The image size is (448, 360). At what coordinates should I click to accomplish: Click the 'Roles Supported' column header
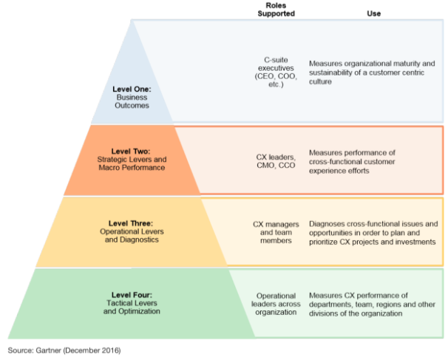274,9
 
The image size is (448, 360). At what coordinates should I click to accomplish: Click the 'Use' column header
374,13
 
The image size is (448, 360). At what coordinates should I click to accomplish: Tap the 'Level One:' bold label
132,89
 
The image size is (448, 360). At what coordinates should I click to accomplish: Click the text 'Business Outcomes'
132,101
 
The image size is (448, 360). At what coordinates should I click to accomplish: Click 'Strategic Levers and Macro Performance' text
131,163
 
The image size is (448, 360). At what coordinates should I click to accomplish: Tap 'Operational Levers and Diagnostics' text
131,234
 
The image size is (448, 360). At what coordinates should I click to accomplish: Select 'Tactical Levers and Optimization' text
131,307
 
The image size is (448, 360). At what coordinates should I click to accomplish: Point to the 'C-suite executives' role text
275,64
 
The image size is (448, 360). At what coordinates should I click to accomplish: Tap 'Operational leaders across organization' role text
275,304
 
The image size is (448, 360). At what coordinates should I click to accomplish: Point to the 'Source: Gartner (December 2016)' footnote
64,349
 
